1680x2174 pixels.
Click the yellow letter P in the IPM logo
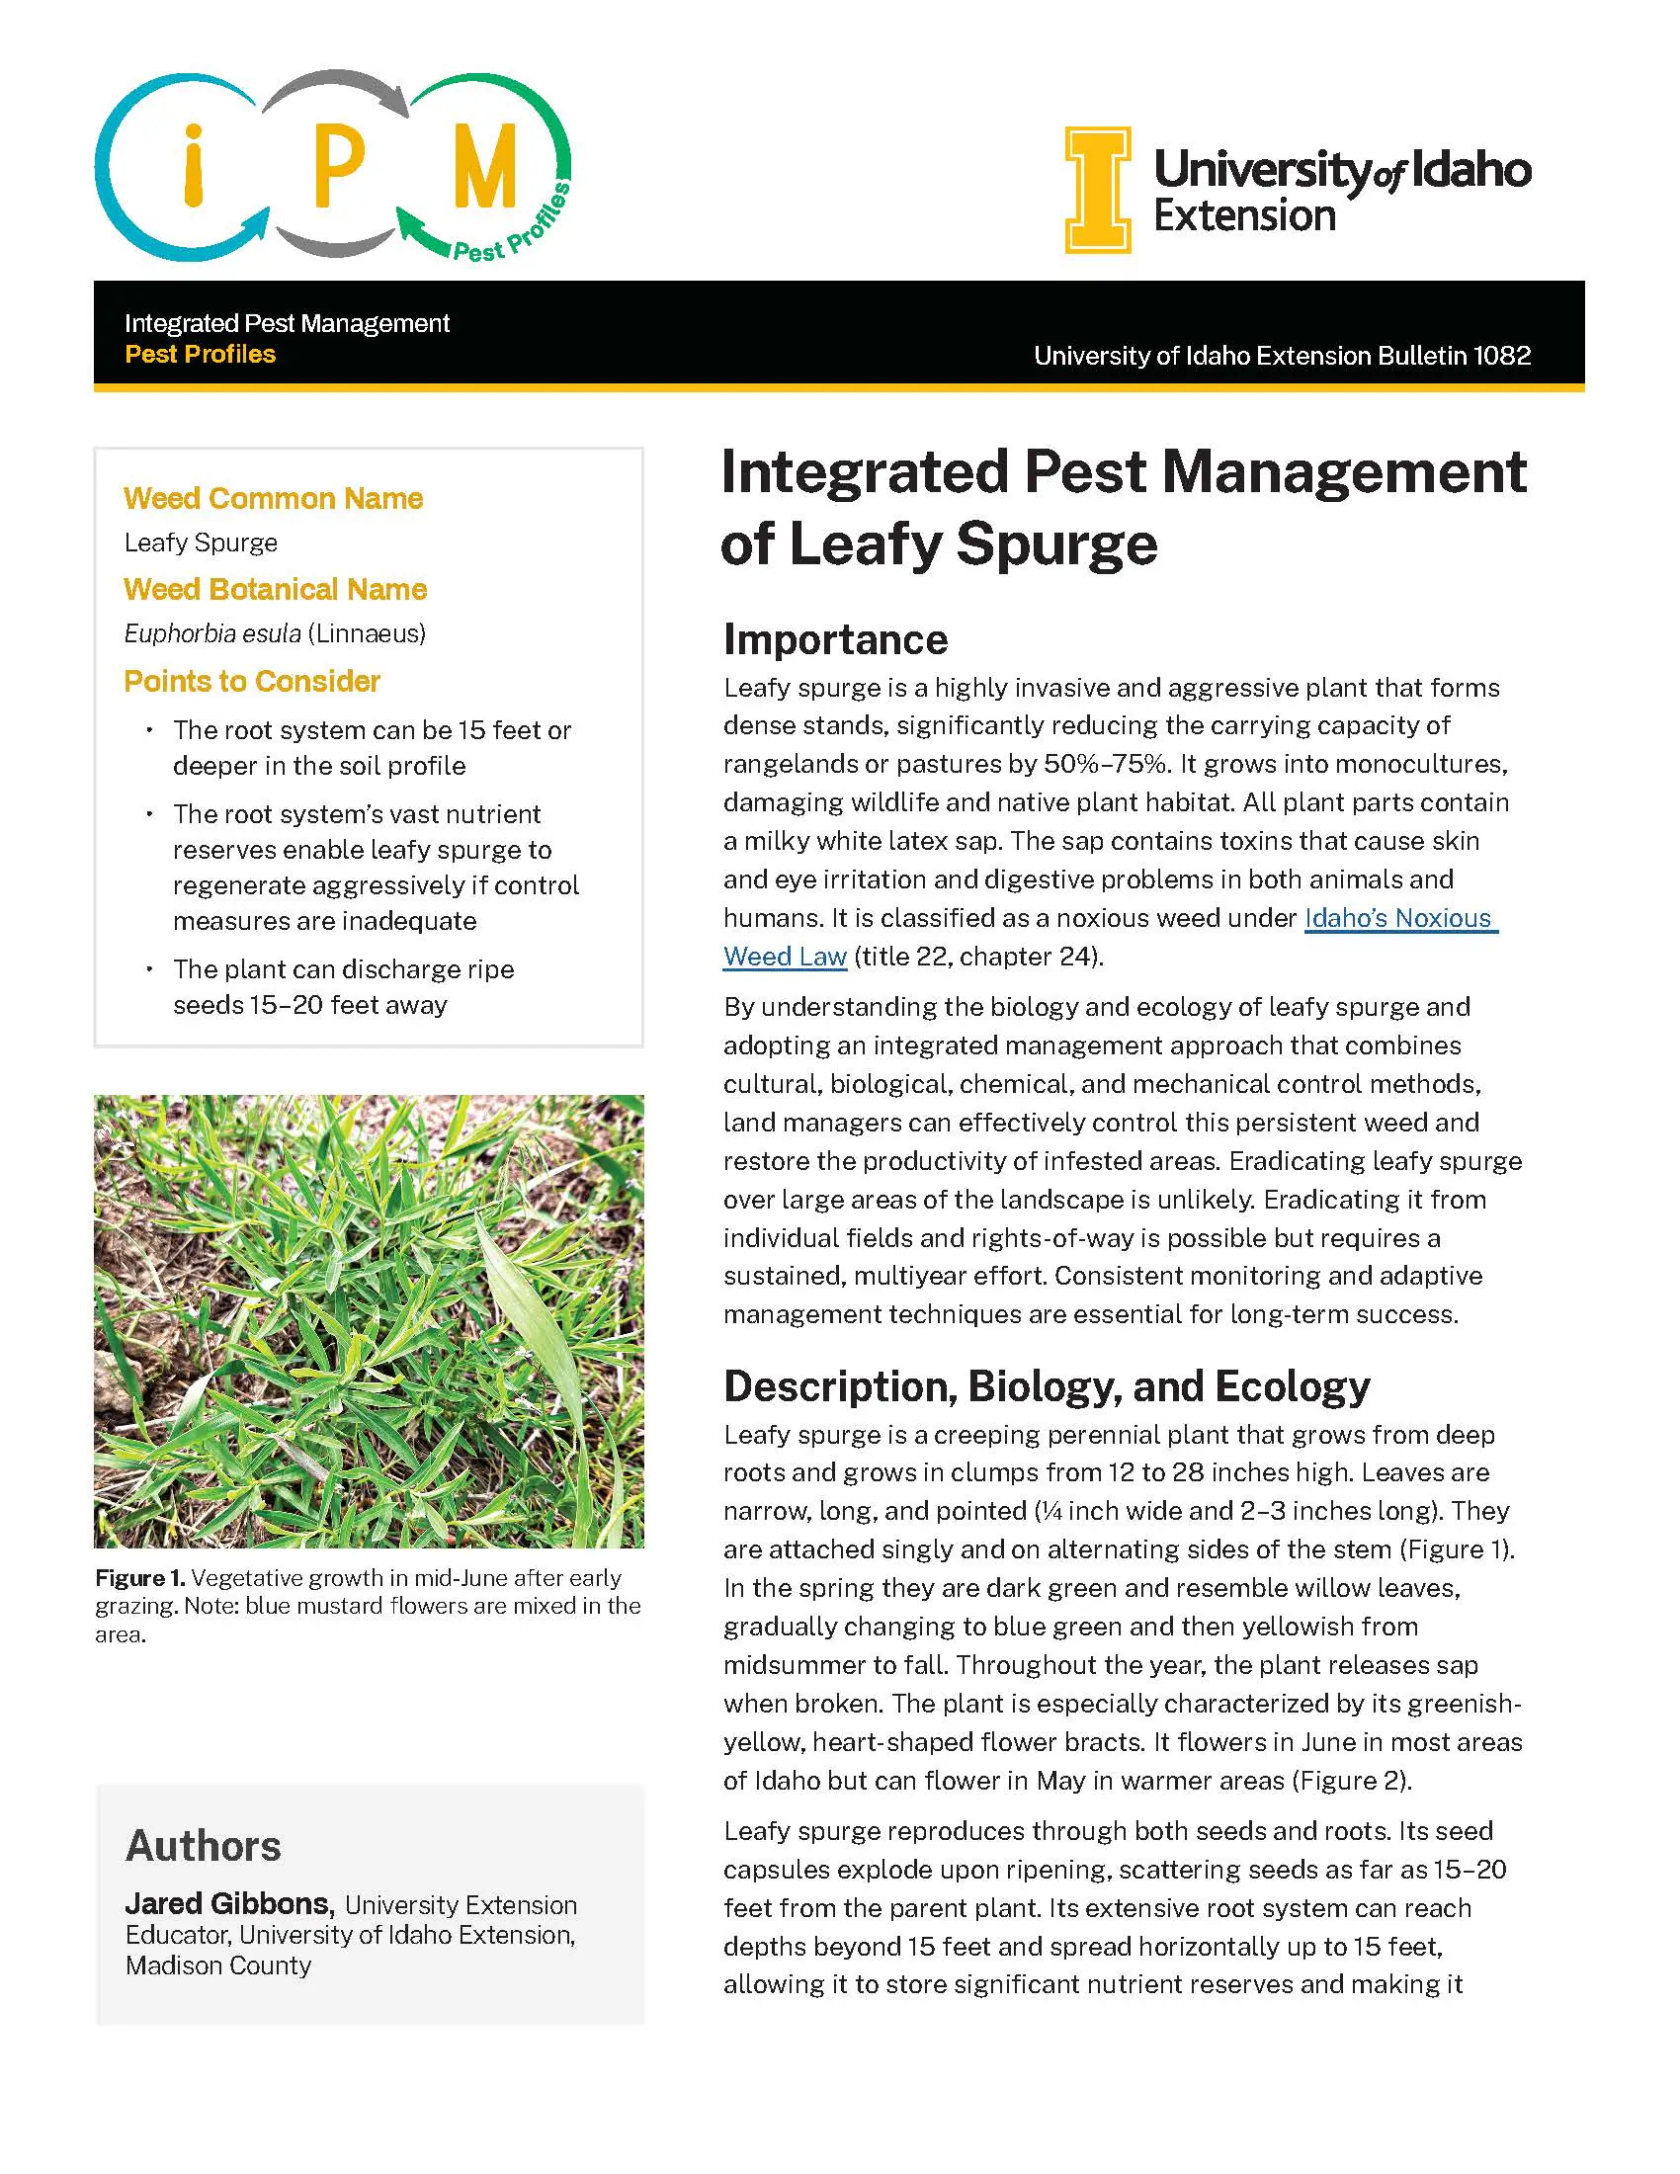click(x=338, y=165)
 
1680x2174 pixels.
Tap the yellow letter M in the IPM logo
click(x=484, y=165)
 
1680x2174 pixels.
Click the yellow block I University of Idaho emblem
click(x=1098, y=189)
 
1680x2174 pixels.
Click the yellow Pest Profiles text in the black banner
click(x=200, y=355)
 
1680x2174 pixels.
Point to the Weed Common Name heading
click(x=273, y=498)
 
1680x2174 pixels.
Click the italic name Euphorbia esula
click(x=212, y=633)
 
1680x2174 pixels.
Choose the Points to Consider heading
click(x=252, y=681)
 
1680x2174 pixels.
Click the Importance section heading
click(x=835, y=639)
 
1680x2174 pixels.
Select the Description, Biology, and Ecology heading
click(x=1046, y=1385)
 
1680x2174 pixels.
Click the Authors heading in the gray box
click(x=203, y=1846)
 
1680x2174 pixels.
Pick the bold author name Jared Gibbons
click(x=228, y=1903)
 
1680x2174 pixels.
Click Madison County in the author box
click(x=218, y=1965)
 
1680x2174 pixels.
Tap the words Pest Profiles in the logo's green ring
click(x=513, y=227)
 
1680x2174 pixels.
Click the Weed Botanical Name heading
click(x=275, y=589)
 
